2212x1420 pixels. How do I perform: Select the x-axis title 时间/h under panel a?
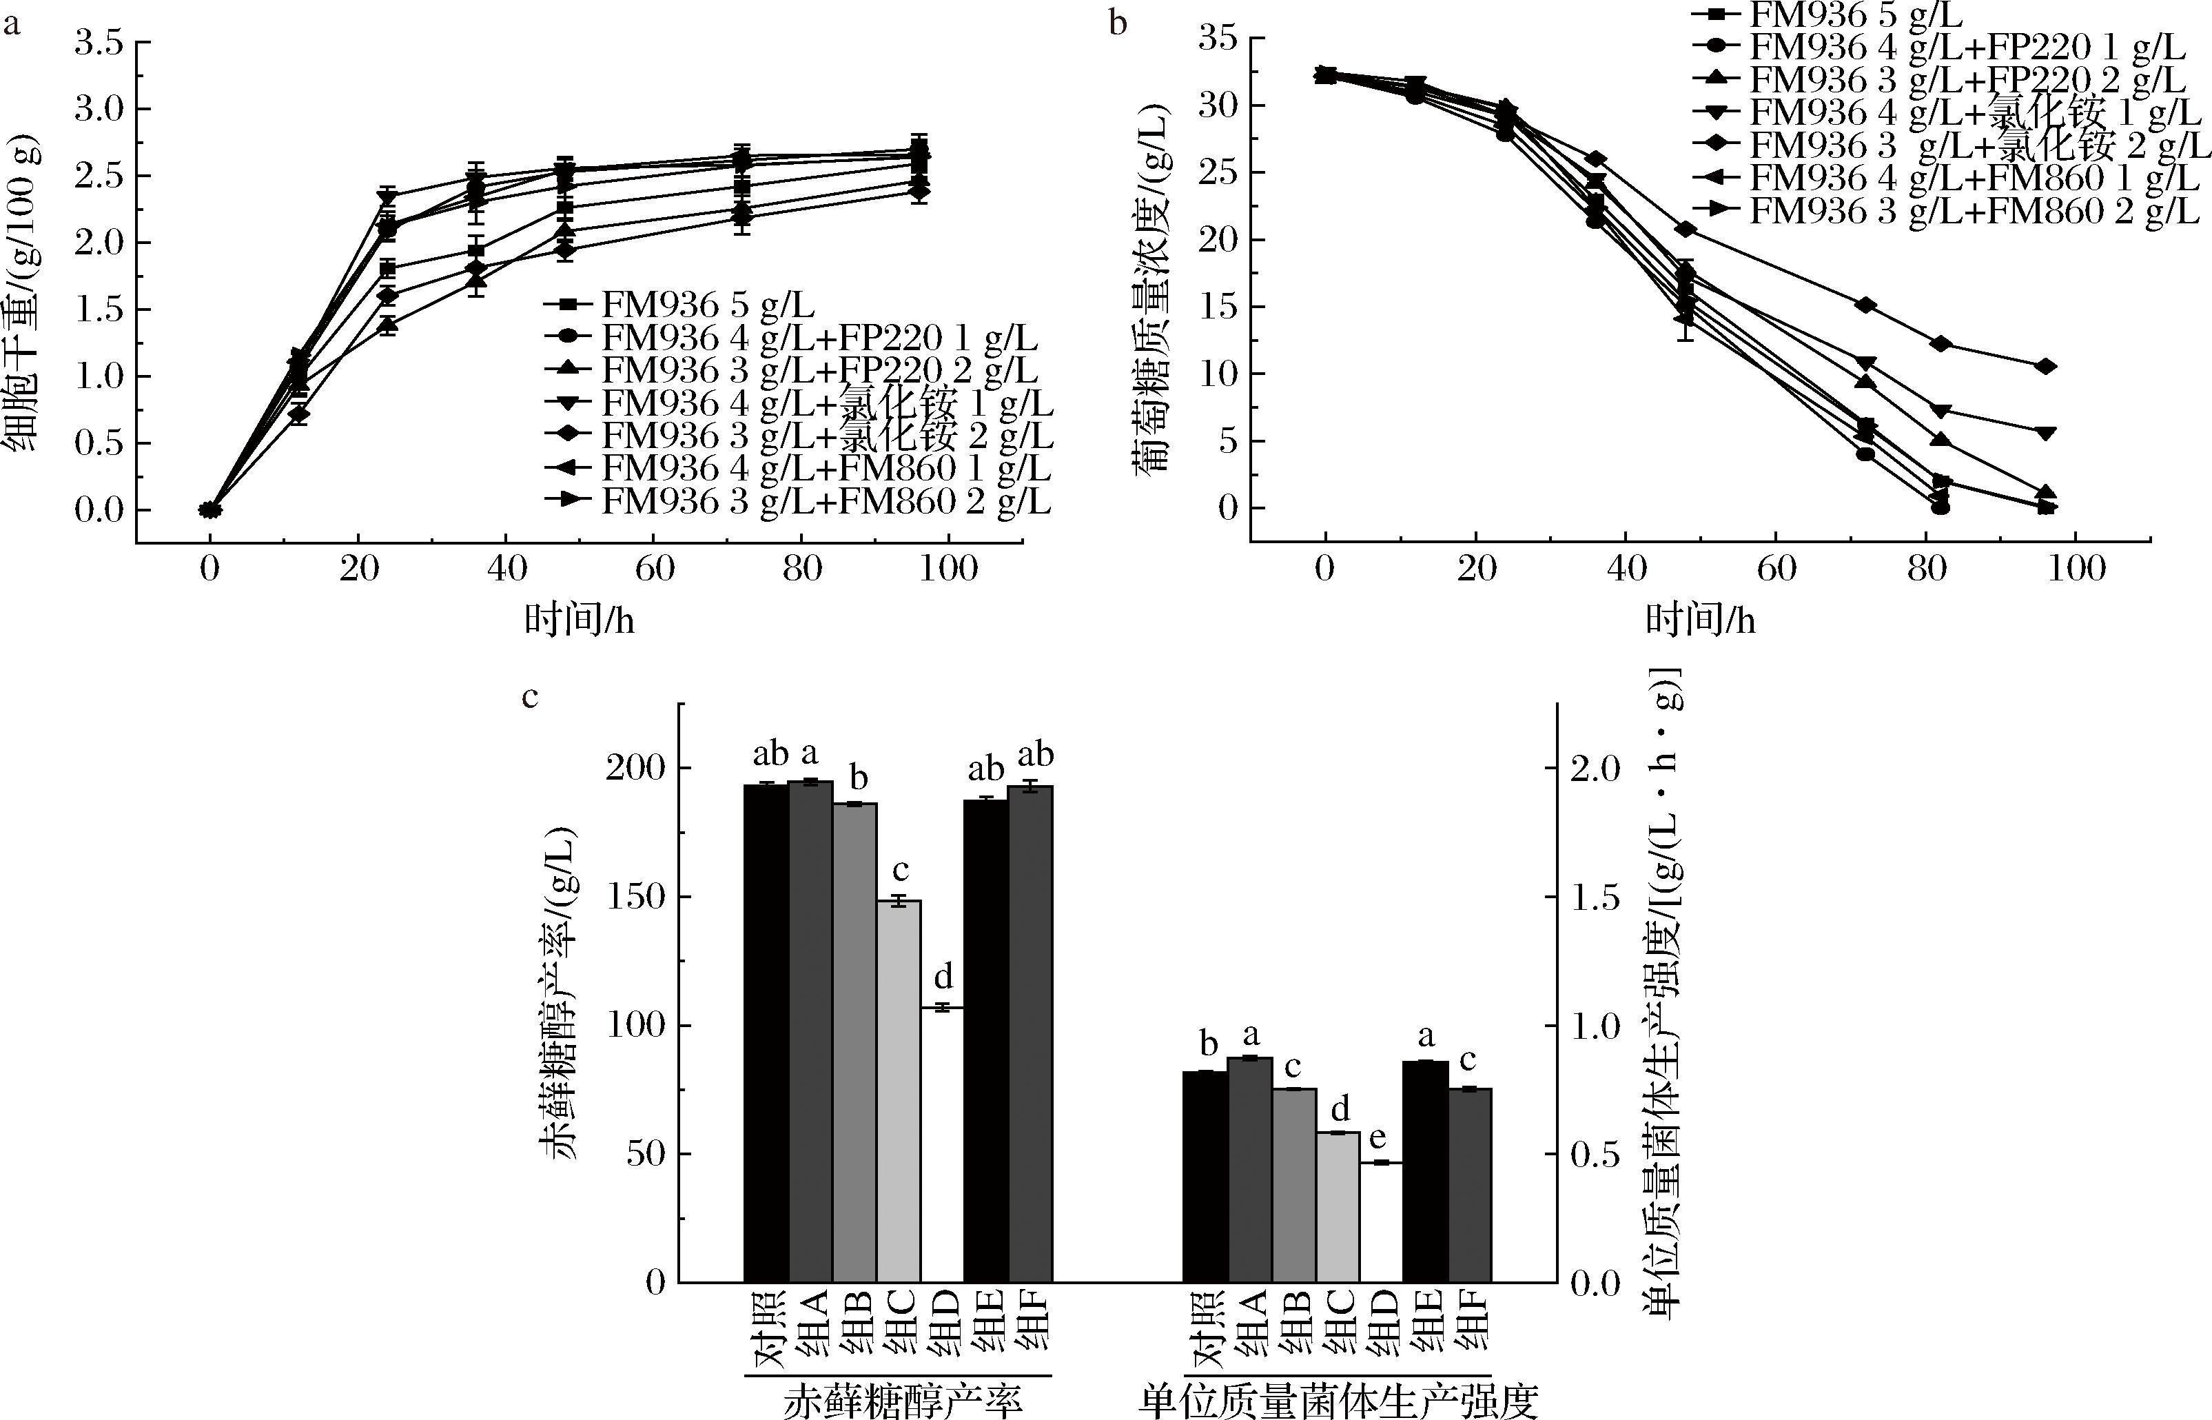(x=579, y=620)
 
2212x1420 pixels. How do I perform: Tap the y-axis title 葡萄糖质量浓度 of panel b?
(x=1153, y=286)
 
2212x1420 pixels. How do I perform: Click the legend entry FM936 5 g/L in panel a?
(x=707, y=304)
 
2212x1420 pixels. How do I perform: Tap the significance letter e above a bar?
(x=1380, y=1139)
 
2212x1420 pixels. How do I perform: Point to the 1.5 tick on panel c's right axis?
(x=1595, y=896)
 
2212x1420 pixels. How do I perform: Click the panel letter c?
(x=529, y=696)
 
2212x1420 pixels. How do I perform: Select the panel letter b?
(x=1118, y=22)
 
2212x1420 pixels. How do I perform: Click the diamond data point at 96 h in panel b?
(x=2046, y=366)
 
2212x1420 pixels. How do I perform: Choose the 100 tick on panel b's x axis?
(x=2076, y=569)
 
